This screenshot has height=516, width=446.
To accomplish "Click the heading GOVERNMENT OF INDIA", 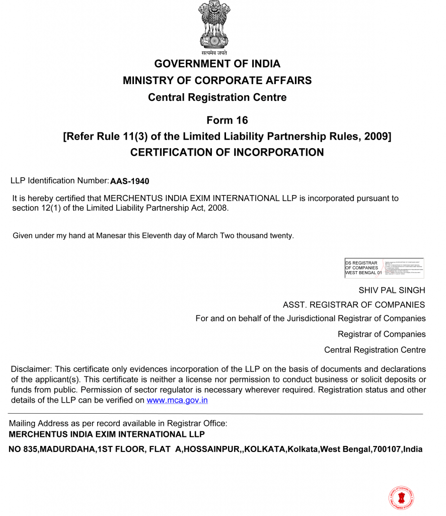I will tap(217, 64).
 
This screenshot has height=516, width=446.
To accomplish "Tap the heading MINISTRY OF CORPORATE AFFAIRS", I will tap(217, 81).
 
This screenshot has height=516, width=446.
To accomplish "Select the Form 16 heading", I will tap(227, 120).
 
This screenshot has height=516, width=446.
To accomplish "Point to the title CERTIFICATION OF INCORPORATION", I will tap(227, 153).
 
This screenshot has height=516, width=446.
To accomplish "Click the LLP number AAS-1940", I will tap(130, 181).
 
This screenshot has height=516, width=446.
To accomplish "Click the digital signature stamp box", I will tap(384, 268).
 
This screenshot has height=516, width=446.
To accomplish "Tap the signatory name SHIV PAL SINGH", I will tap(392, 290).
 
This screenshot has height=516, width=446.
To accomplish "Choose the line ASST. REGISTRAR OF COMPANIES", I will tap(354, 305).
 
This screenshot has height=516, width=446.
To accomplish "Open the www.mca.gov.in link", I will tap(177, 401).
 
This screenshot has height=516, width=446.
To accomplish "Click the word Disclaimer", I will tap(31, 369).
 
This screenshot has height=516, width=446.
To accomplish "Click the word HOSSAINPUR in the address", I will tap(211, 449).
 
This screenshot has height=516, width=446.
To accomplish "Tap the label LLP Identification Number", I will tap(59, 180).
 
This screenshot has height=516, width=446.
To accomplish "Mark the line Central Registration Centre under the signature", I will tap(375, 350).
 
